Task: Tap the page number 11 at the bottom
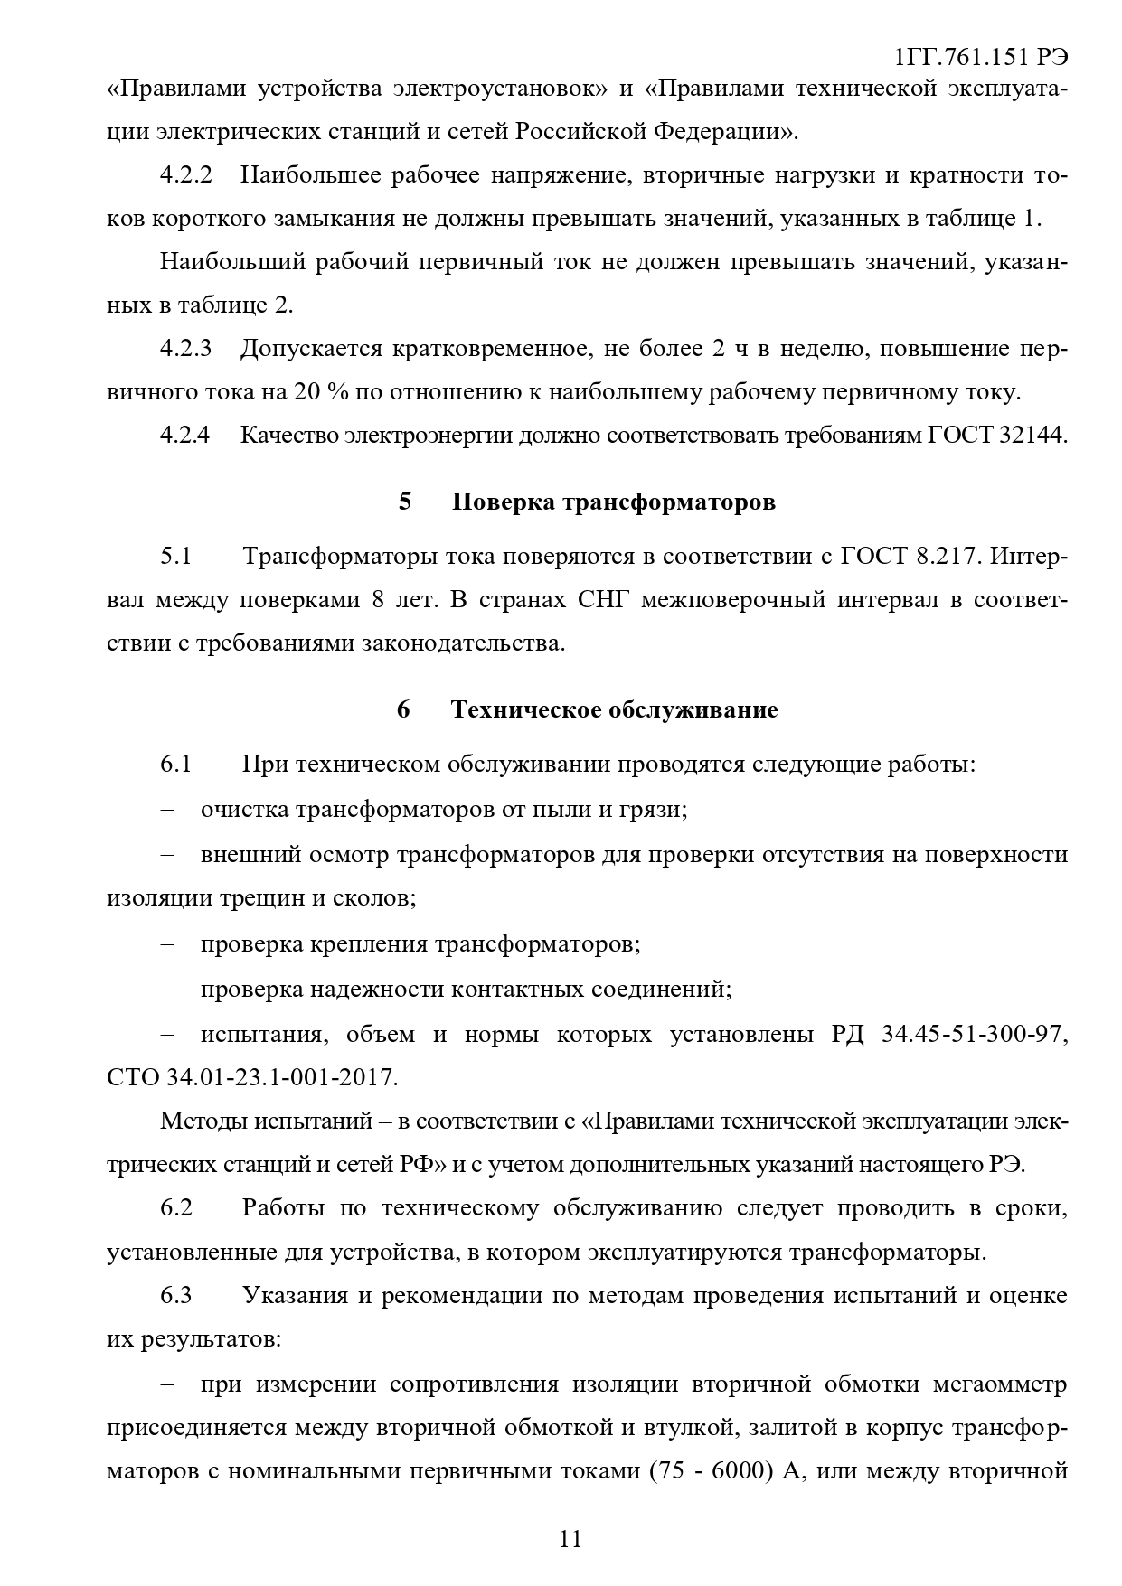coord(570,1538)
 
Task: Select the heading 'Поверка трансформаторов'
coord(613,502)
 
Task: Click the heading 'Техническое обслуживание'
coord(614,710)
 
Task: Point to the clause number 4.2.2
coord(185,175)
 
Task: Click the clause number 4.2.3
coord(185,349)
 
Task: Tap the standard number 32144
coord(1032,436)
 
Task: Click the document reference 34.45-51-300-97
coord(974,1035)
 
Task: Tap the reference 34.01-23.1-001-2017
coord(281,1078)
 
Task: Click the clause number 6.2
coord(176,1208)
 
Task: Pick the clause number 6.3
coord(176,1296)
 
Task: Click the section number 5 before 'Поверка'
coord(404,502)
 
